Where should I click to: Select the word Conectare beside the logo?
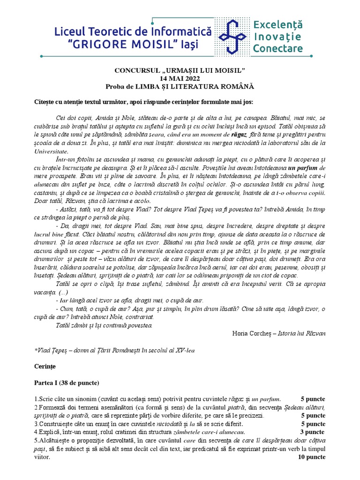(277, 48)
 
